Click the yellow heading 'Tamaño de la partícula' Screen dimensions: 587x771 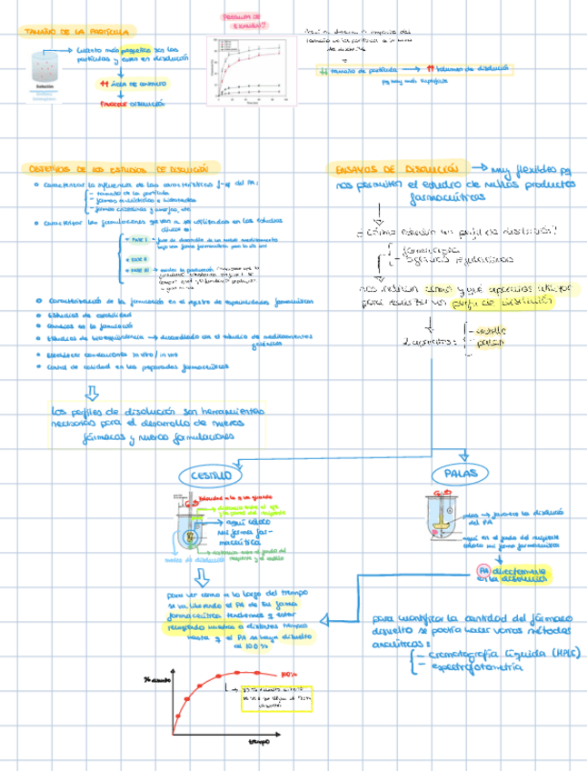point(76,31)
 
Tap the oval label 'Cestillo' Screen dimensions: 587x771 point(211,475)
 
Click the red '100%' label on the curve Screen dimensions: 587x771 point(289,675)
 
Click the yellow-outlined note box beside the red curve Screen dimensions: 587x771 point(274,696)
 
